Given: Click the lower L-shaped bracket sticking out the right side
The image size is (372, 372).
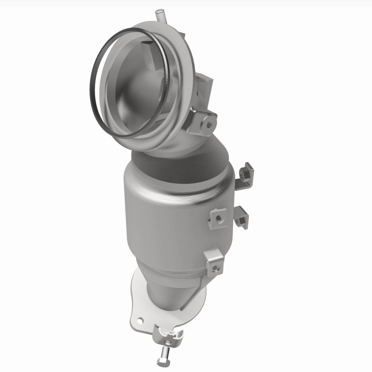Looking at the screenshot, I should (x=242, y=217).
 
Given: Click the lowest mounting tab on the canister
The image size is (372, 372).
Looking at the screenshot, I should (x=214, y=262).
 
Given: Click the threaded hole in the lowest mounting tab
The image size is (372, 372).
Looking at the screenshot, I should (x=214, y=267).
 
